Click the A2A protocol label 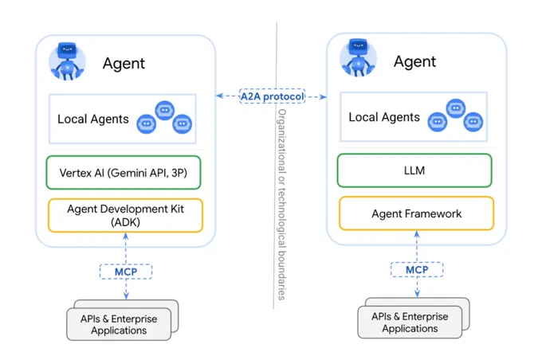[273, 96]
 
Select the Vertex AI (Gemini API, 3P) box [124, 172]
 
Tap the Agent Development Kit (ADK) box [125, 215]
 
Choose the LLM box [414, 170]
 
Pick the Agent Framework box [417, 213]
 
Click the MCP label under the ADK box [126, 272]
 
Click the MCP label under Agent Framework [417, 269]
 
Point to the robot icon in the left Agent [68, 61]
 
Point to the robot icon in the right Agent [359, 57]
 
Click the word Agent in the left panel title [124, 63]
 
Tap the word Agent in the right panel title [414, 61]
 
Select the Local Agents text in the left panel [93, 119]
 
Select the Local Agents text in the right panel [384, 117]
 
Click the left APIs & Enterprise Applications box [119, 324]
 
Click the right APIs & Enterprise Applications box [410, 322]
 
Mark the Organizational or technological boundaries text [282, 205]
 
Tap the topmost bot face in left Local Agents [164, 110]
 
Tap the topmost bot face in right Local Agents [456, 108]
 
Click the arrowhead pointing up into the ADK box [126, 237]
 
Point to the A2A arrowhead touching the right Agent [323, 96]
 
